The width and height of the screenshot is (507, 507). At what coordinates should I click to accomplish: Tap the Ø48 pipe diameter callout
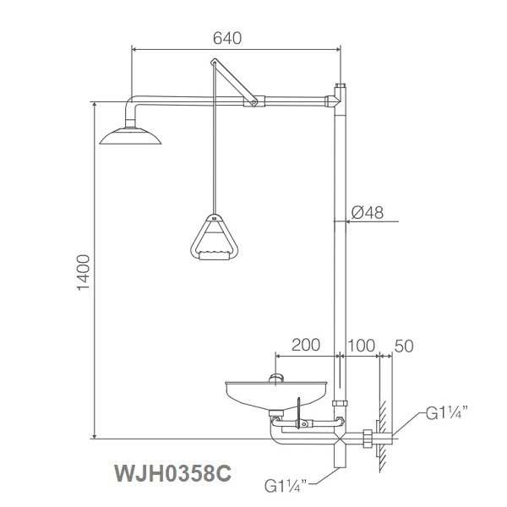tap(368, 214)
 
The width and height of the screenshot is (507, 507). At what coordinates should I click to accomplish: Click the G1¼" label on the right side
tap(447, 414)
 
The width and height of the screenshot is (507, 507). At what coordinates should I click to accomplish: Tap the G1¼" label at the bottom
tap(288, 486)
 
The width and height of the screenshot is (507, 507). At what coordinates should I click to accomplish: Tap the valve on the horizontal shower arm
tap(250, 103)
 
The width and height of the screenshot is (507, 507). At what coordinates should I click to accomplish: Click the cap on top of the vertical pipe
tap(341, 88)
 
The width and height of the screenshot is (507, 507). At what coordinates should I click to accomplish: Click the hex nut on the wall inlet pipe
tap(367, 439)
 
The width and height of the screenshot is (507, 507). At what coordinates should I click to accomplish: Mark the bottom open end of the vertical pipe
tap(340, 463)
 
